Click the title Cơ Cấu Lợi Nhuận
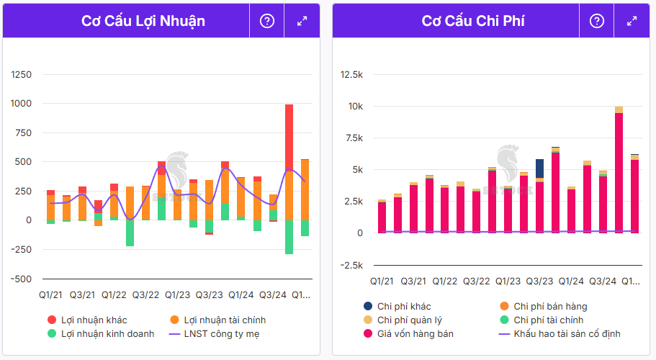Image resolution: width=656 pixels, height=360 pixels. (x=143, y=21)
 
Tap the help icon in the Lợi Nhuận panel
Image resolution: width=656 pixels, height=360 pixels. (x=267, y=21)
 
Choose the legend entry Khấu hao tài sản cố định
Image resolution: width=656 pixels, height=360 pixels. (x=566, y=333)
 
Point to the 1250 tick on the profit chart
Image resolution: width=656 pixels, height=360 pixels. (x=22, y=74)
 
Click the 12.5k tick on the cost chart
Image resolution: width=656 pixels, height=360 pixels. (x=351, y=74)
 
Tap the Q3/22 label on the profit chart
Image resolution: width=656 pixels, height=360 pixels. (x=145, y=294)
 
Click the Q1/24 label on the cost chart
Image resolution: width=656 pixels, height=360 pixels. (x=571, y=282)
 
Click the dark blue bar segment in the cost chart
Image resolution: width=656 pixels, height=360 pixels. (x=539, y=171)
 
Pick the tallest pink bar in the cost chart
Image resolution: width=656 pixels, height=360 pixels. (x=619, y=173)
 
